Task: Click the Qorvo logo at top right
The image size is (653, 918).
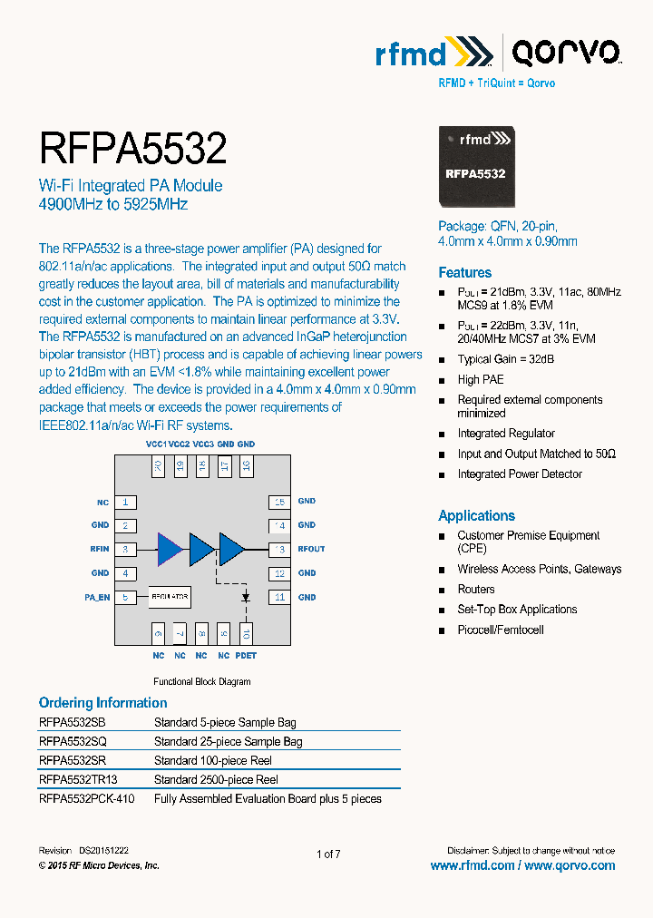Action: tap(565, 54)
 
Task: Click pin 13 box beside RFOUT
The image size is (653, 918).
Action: tap(279, 549)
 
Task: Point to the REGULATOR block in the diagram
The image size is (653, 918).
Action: tap(170, 597)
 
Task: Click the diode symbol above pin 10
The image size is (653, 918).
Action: tap(246, 598)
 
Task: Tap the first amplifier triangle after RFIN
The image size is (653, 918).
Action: tap(170, 549)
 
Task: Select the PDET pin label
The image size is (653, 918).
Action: tap(246, 655)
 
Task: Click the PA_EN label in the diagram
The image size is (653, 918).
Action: tap(97, 597)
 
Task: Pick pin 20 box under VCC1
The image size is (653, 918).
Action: tap(158, 466)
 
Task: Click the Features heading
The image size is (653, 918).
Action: tap(464, 272)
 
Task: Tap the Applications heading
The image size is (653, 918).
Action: tap(476, 515)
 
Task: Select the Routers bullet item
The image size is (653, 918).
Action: tap(476, 590)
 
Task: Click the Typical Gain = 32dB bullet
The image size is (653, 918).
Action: tap(505, 359)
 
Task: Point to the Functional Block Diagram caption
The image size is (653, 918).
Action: tap(201, 681)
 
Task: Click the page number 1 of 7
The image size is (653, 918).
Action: tap(328, 854)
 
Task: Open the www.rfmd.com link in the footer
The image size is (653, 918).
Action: tap(473, 865)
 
